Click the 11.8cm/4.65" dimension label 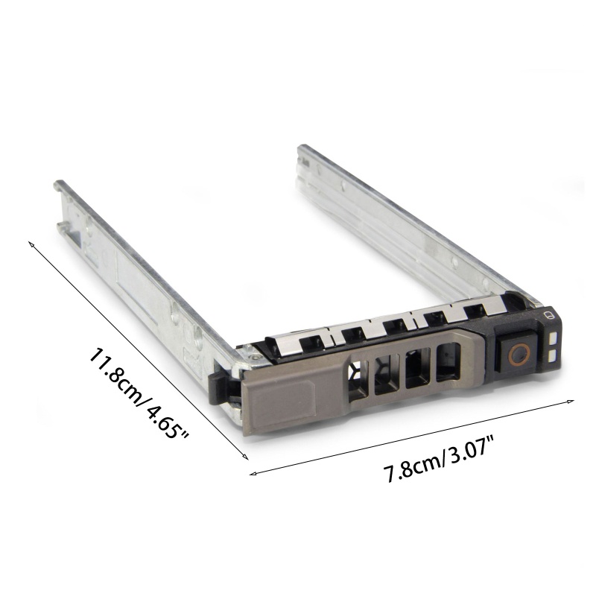click(139, 393)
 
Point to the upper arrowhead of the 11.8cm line click(31, 244)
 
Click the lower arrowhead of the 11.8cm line click(245, 457)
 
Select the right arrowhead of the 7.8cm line click(570, 401)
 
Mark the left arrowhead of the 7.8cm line click(253, 473)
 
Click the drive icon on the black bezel click(548, 315)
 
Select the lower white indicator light click(553, 356)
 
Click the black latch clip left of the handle click(221, 388)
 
